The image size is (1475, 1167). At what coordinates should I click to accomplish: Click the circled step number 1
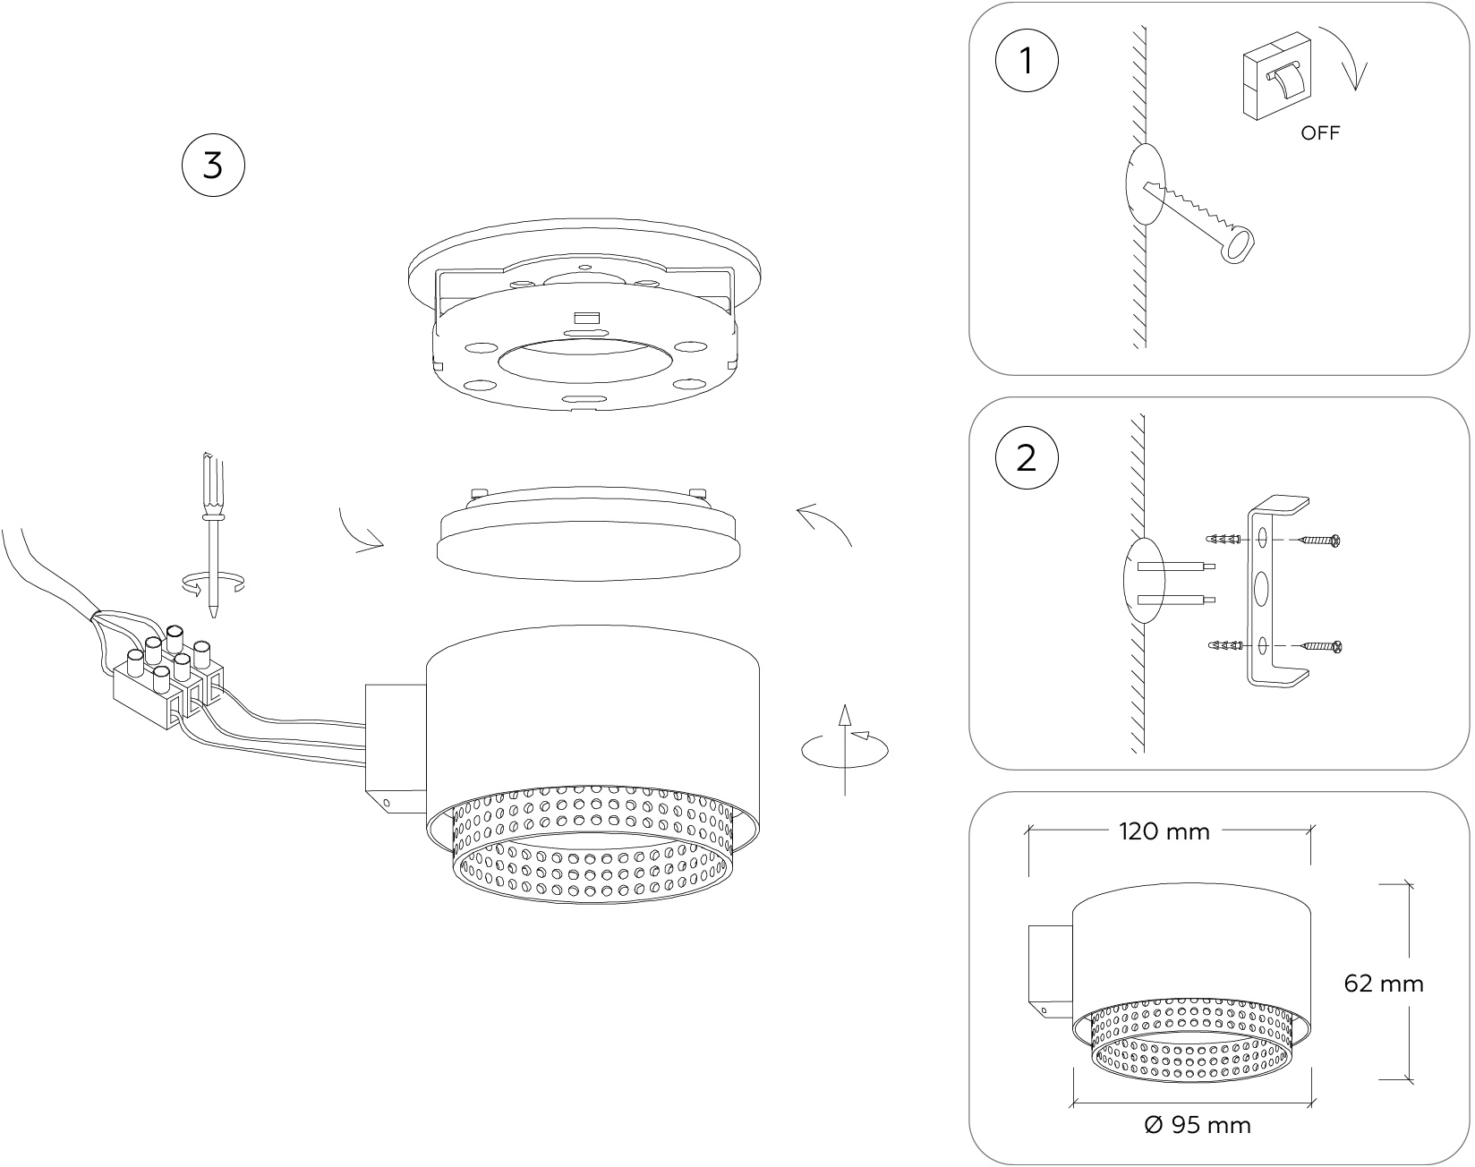click(1027, 62)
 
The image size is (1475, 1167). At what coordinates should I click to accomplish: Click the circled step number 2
click(1027, 458)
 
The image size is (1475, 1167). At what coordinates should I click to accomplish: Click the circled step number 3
click(212, 166)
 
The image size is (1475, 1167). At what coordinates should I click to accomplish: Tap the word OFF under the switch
click(1320, 133)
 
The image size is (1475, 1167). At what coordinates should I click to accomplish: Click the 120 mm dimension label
click(1164, 831)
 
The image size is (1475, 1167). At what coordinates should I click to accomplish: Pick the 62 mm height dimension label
click(1383, 984)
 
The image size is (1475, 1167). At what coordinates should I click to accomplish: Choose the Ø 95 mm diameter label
click(1198, 1124)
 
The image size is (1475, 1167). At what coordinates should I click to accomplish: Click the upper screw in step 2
click(1319, 541)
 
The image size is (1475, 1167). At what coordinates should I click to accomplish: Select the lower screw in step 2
click(1319, 645)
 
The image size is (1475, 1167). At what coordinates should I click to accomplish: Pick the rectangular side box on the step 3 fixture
click(395, 747)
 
